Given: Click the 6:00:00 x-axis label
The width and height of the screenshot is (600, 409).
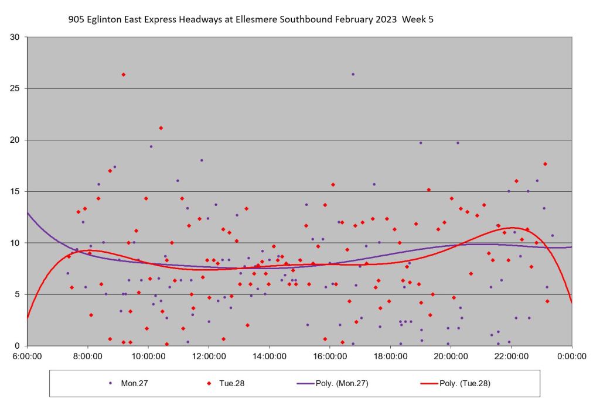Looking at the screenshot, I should tap(28, 356).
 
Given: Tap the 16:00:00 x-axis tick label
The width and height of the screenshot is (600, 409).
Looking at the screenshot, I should tap(329, 356).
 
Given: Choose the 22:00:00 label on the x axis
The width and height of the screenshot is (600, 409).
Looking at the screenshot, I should tap(511, 356).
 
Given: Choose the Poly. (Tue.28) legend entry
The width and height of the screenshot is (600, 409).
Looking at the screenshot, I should tap(455, 383).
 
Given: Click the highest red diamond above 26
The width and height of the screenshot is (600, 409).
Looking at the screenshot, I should tap(123, 74).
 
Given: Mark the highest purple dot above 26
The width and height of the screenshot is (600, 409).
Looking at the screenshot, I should tap(353, 74).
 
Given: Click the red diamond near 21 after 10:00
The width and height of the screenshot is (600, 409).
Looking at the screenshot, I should tap(161, 128).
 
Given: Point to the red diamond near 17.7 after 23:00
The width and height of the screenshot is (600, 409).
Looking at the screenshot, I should tap(545, 164).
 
